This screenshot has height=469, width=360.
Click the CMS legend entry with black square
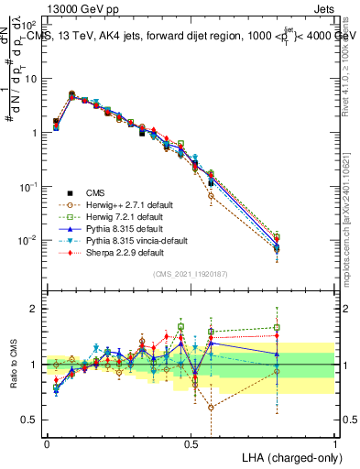click(96, 192)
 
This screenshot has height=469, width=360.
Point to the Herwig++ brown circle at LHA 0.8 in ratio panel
click(277, 371)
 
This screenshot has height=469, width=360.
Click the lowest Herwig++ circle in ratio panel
click(212, 408)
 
